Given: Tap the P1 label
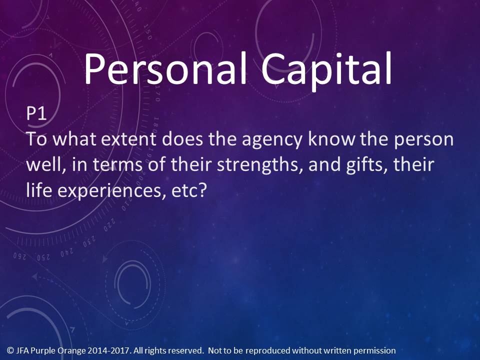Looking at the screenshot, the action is tap(36, 113).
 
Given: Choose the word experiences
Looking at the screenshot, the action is tap(111, 191).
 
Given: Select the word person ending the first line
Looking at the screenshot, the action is tap(423, 140).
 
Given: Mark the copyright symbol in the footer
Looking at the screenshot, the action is tap(10, 350).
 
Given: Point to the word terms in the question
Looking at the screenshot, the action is tap(117, 165).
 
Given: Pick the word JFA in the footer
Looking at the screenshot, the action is tap(21, 350).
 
